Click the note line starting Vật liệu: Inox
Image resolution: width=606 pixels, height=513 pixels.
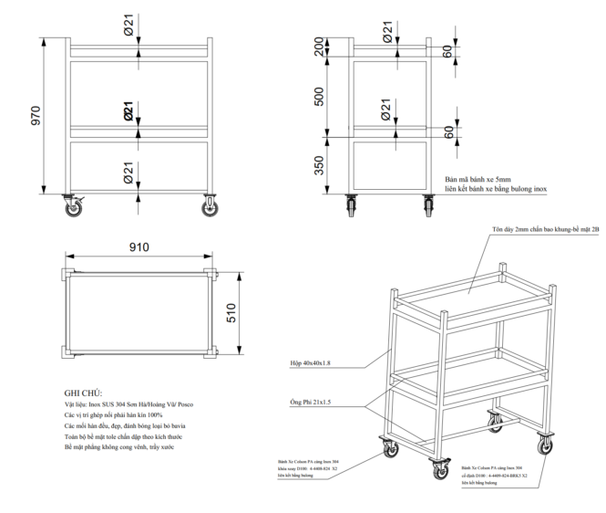tap(128, 403)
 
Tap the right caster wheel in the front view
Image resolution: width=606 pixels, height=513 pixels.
tap(209, 208)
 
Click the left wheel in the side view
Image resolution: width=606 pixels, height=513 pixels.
tap(351, 206)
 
